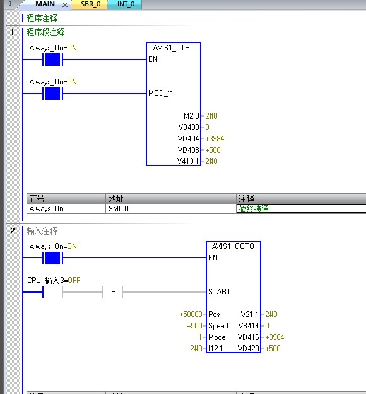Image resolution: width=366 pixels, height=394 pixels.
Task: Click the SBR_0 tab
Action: (x=90, y=4)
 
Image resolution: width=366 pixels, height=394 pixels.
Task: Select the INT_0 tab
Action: (x=126, y=4)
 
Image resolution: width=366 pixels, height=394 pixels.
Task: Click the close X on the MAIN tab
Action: (x=65, y=4)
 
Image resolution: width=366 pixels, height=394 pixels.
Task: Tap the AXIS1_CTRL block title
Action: (x=174, y=48)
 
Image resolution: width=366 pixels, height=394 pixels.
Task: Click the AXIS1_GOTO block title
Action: (x=233, y=246)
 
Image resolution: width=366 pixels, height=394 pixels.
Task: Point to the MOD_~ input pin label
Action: (x=160, y=93)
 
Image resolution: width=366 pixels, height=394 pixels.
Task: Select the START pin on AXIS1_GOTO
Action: (x=220, y=291)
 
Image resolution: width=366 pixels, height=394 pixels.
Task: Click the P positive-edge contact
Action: (x=113, y=292)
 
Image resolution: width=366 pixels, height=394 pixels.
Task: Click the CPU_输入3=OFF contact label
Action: (x=54, y=280)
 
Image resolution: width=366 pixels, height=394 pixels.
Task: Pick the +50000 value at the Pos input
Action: (x=191, y=315)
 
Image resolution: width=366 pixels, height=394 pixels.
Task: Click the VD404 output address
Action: (x=188, y=139)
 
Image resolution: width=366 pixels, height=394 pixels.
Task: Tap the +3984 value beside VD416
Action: (x=274, y=337)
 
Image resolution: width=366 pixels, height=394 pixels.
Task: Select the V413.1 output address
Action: (x=188, y=161)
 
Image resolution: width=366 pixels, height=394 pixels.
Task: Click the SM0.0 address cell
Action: (x=119, y=209)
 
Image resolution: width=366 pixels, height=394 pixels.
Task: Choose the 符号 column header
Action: (x=37, y=199)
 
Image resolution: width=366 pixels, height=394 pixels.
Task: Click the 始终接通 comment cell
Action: (x=254, y=209)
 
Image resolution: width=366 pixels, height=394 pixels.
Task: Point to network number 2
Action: (x=13, y=231)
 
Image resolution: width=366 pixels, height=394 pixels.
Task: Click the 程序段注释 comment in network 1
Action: (x=46, y=32)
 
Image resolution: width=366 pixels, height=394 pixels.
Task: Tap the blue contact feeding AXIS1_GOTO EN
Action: (x=52, y=258)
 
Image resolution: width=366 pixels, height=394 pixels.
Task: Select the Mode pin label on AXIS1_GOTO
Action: (x=217, y=337)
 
